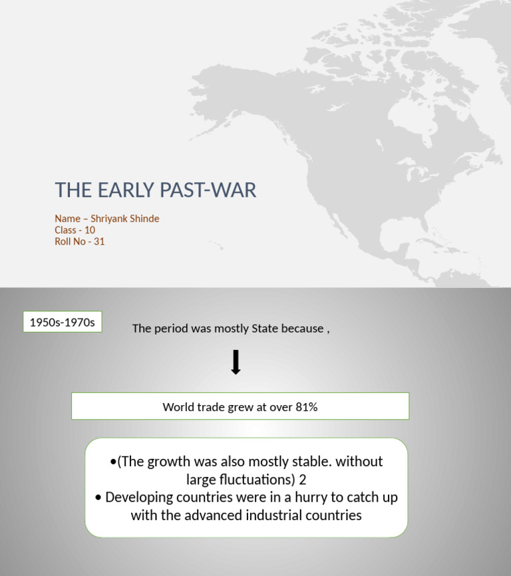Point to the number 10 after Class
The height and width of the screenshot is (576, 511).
pos(90,230)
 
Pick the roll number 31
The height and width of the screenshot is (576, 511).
pos(99,241)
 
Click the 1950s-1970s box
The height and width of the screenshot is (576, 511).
pos(63,323)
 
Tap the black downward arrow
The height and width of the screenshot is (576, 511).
pos(236,362)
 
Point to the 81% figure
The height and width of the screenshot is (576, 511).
pos(307,407)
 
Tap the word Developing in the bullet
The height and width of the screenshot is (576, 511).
pos(139,497)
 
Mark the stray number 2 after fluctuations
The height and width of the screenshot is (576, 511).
pos(302,479)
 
